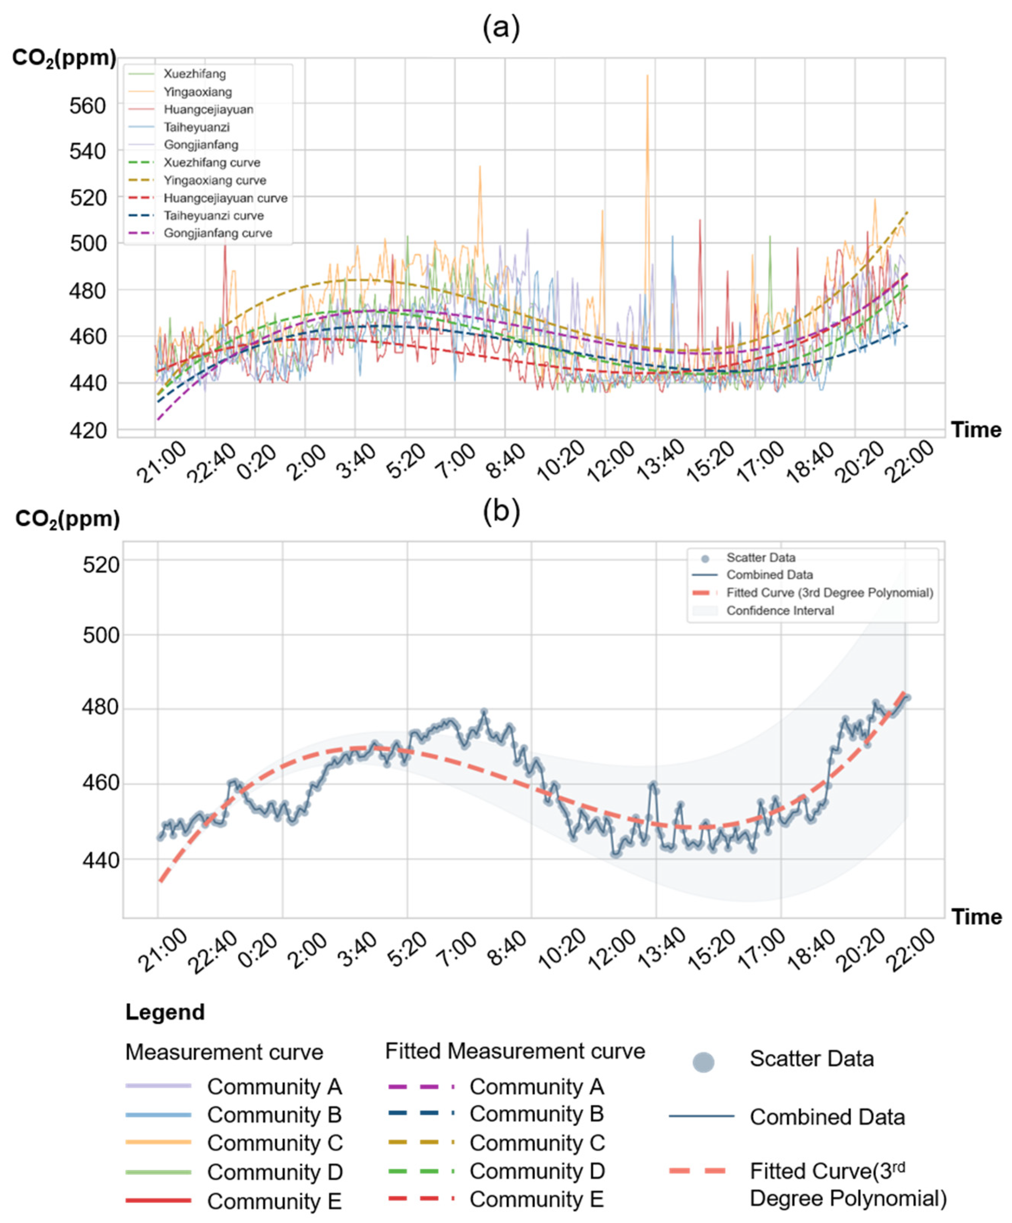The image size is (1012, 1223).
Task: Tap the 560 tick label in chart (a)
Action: tap(87, 106)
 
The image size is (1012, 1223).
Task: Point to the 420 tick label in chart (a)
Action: tap(87, 430)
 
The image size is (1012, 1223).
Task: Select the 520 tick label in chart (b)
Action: tap(101, 564)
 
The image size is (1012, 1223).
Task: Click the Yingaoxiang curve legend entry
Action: tap(215, 180)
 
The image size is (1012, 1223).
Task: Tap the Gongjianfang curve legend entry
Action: tap(218, 233)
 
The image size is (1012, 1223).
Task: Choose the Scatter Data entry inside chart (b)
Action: tap(761, 557)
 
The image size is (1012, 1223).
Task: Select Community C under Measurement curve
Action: tap(275, 1143)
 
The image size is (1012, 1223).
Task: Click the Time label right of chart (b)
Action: tap(976, 916)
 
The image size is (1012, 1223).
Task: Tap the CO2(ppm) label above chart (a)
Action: tap(64, 58)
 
